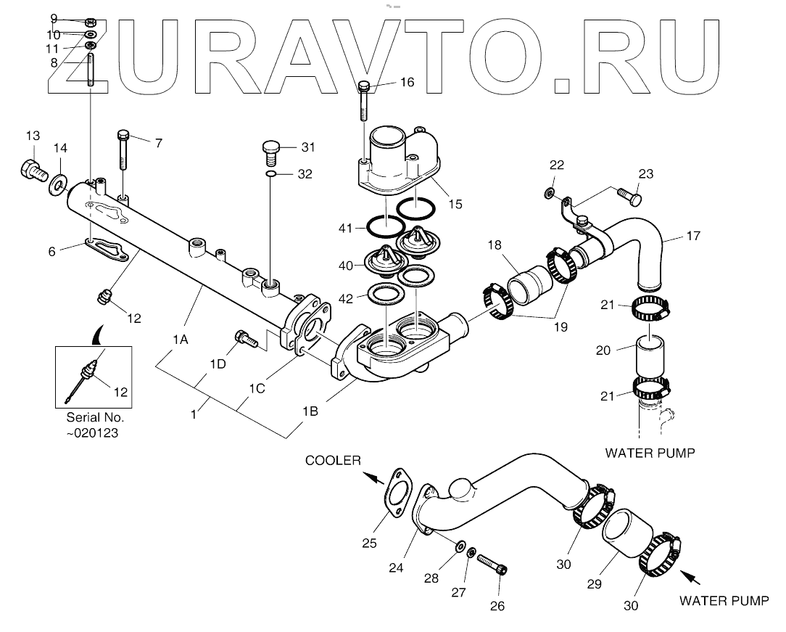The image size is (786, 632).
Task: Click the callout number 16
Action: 407,83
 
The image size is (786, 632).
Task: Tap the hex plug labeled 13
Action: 33,171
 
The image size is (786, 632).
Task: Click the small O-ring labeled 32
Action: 270,175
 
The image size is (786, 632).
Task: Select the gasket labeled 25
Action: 397,493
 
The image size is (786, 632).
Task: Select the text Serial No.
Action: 95,418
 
